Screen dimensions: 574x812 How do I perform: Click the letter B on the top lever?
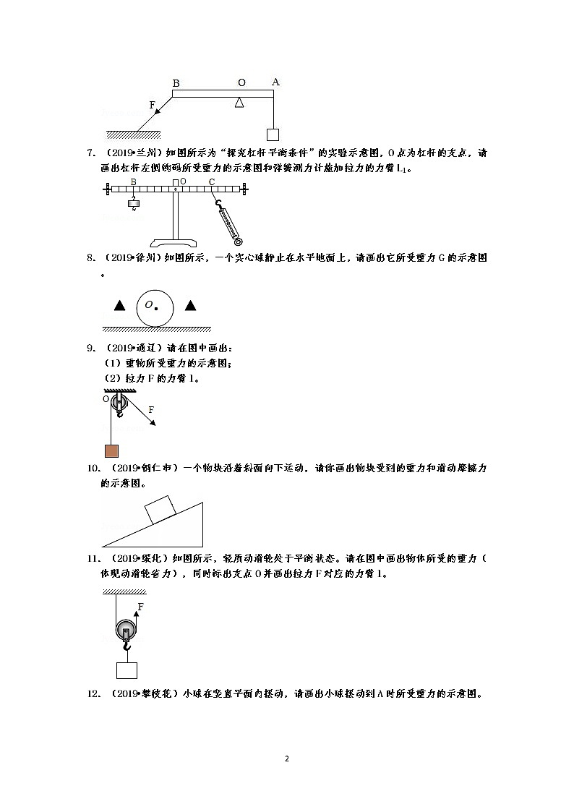click(x=176, y=83)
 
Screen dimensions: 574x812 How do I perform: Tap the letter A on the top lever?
click(x=275, y=82)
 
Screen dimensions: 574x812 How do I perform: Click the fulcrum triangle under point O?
click(x=240, y=103)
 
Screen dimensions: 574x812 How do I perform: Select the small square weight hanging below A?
click(x=273, y=134)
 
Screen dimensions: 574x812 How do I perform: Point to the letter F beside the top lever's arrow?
click(x=153, y=105)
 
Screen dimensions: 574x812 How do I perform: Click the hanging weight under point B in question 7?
click(x=133, y=203)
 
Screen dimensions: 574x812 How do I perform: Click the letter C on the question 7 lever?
click(x=212, y=181)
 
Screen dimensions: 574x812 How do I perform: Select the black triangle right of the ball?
click(x=190, y=306)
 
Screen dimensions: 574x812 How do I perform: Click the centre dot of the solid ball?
click(x=157, y=308)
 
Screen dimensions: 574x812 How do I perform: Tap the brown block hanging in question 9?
click(x=111, y=451)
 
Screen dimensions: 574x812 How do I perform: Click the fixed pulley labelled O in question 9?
click(x=119, y=403)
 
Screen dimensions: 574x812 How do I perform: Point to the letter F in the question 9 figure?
click(x=151, y=410)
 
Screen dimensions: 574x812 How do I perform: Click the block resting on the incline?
click(x=161, y=510)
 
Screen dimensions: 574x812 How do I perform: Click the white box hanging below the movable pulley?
click(x=127, y=670)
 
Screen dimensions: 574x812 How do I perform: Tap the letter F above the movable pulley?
click(x=140, y=606)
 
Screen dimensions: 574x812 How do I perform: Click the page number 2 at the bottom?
click(x=287, y=758)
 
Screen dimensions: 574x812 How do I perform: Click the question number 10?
click(x=92, y=469)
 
